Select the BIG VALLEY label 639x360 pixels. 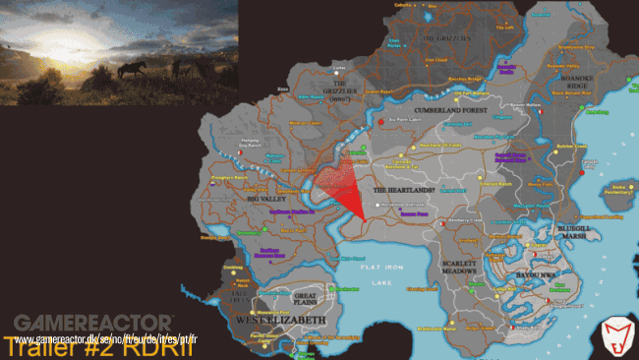pyautogui.click(x=266, y=197)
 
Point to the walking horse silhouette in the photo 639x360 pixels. pyautogui.click(x=135, y=70)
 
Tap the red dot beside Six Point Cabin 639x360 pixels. pyautogui.click(x=380, y=121)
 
